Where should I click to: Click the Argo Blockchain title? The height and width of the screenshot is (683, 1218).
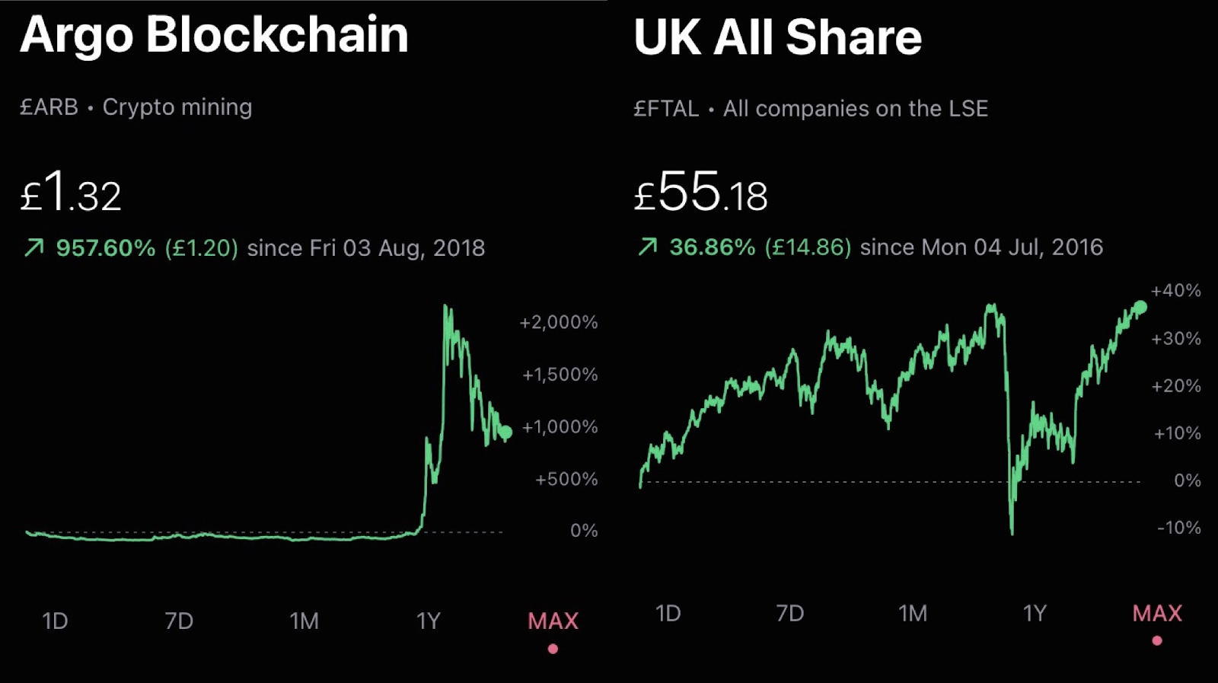pyautogui.click(x=214, y=35)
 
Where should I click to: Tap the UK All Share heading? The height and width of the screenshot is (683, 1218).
pyautogui.click(x=777, y=37)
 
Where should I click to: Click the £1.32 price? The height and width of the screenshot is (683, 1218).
pyautogui.click(x=70, y=193)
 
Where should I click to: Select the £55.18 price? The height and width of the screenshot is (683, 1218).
pyautogui.click(x=700, y=193)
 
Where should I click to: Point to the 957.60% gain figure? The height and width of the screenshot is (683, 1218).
pyautogui.click(x=105, y=248)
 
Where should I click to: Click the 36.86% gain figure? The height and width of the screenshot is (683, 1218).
pyautogui.click(x=712, y=247)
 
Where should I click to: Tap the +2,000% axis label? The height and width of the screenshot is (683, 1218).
pyautogui.click(x=558, y=322)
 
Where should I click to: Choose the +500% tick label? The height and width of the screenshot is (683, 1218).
pyautogui.click(x=566, y=479)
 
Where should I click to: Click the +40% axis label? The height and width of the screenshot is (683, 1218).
pyautogui.click(x=1175, y=291)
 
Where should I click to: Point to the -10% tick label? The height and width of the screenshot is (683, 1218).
pyautogui.click(x=1178, y=528)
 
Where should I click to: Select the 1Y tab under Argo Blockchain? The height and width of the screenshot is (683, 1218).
pyautogui.click(x=429, y=621)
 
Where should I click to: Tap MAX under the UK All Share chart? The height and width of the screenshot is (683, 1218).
pyautogui.click(x=1157, y=614)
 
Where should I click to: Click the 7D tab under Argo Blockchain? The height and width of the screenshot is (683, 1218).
pyautogui.click(x=179, y=621)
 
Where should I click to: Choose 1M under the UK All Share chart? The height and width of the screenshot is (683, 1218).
pyautogui.click(x=913, y=614)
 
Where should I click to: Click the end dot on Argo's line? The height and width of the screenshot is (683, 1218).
pyautogui.click(x=505, y=432)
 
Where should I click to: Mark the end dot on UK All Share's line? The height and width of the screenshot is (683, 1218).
pyautogui.click(x=1140, y=307)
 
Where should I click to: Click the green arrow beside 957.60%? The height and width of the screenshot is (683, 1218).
pyautogui.click(x=34, y=247)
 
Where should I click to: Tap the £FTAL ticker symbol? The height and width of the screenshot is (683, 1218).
pyautogui.click(x=666, y=109)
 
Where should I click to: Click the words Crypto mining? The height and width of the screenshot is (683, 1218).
pyautogui.click(x=177, y=107)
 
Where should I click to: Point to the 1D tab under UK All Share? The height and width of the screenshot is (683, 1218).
pyautogui.click(x=668, y=614)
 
